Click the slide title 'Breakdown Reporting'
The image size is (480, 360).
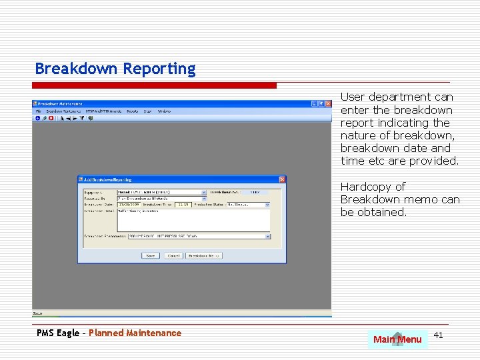(115, 69)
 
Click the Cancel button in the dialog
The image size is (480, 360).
(173, 255)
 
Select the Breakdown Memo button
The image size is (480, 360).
(204, 255)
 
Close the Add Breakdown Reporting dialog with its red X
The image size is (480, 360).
(282, 179)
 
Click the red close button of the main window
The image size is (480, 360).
(327, 104)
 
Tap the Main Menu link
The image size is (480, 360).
(397, 339)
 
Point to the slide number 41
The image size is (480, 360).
(438, 335)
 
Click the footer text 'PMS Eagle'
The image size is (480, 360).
(58, 333)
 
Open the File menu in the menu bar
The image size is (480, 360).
(39, 111)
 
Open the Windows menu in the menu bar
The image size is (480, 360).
(164, 111)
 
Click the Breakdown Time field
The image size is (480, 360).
(183, 205)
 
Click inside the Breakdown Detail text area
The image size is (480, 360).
(193, 220)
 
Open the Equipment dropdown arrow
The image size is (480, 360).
(204, 192)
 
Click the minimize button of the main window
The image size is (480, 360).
(313, 104)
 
